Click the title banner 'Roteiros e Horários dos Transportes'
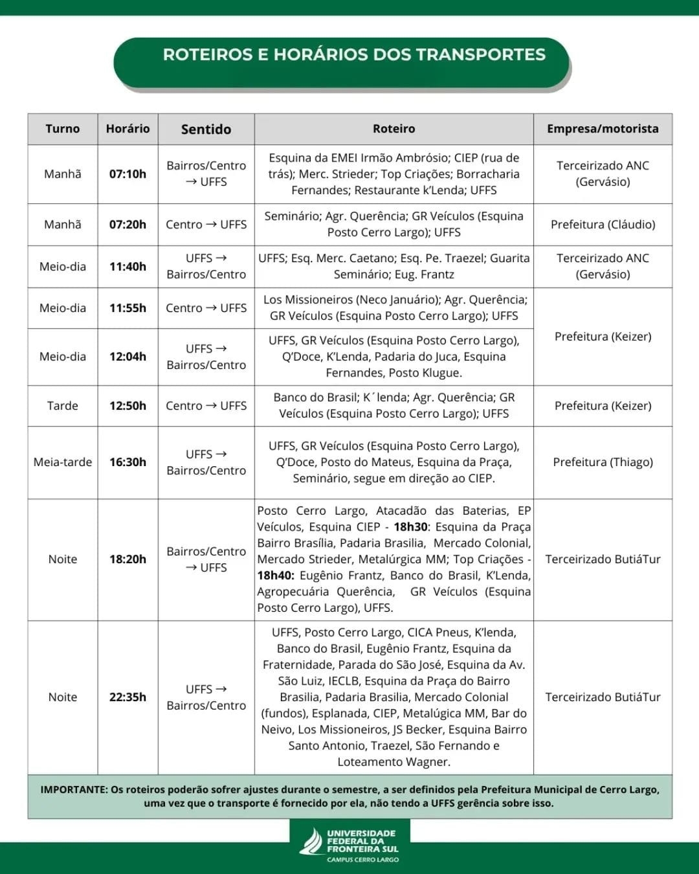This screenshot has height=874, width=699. pos(354,55)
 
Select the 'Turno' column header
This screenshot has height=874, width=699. pos(63,129)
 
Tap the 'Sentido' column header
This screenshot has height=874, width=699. pos(206,129)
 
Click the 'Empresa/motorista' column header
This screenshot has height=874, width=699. pos(603,129)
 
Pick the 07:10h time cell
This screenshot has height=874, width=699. pos(128,174)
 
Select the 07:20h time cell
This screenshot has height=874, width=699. pos(128,225)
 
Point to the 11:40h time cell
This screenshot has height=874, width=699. pos(128,266)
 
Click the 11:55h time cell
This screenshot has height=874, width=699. pos(128,308)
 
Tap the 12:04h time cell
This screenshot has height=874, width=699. pos(128,357)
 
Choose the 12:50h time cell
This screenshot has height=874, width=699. pos(128,406)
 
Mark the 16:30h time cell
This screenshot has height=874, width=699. pos(128,462)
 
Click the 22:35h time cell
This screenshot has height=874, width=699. pos(128,697)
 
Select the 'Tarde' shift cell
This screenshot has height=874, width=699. pos(63,406)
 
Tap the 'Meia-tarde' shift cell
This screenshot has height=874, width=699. pos(63,462)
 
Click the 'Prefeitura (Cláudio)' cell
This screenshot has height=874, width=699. pos(603,225)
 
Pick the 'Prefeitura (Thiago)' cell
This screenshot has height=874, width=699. pos(603,462)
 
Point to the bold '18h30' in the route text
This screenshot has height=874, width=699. pos(411,527)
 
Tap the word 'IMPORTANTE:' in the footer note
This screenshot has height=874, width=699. pos(74,790)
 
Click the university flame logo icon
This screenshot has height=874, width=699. pos(312,842)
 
